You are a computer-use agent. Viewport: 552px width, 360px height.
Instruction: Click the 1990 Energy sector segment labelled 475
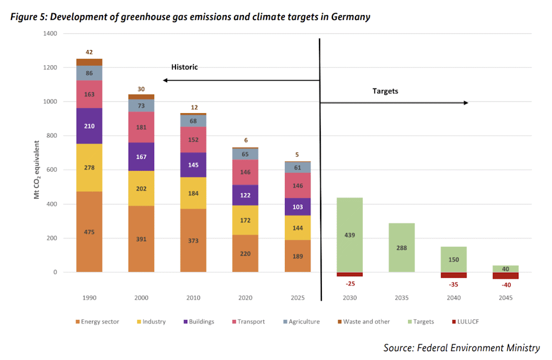coord(89,232)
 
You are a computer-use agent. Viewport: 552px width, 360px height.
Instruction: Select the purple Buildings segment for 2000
coord(141,157)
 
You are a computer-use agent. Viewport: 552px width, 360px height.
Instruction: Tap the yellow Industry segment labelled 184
coord(193,193)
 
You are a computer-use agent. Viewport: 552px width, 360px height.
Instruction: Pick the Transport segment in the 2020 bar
coord(246,172)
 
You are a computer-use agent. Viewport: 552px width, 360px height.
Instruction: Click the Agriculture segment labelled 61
coord(298,168)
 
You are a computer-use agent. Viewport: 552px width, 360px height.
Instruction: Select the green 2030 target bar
coord(349,235)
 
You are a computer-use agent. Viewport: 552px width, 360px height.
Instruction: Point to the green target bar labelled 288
coord(402,247)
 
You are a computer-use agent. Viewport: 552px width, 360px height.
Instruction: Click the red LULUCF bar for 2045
coord(506,276)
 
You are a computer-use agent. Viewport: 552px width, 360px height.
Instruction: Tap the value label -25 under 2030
coord(351,284)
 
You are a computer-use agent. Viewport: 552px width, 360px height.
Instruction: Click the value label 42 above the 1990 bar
coord(89,52)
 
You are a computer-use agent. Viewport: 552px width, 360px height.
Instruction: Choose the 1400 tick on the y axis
coord(50,34)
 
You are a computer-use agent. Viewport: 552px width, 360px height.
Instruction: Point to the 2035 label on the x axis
coord(402,298)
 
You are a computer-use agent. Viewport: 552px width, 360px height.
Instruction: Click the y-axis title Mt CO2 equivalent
coord(36,170)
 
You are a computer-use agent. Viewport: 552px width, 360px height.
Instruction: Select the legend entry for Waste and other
coord(364,321)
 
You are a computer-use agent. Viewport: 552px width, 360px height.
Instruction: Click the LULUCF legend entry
coord(465,321)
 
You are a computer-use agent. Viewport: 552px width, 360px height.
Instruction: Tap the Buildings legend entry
coord(199,321)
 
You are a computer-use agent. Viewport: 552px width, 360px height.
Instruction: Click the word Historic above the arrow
coord(184,67)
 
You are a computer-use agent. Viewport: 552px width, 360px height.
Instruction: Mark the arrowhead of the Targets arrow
coord(466,103)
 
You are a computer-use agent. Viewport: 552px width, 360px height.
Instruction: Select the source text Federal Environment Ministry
coord(479,348)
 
